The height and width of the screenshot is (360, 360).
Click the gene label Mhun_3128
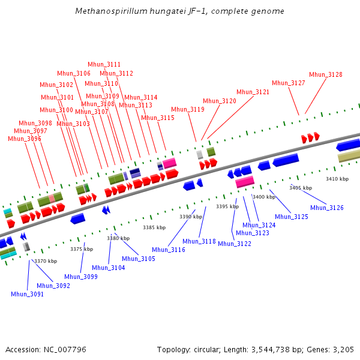[326, 75]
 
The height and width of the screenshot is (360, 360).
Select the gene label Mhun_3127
[289, 83]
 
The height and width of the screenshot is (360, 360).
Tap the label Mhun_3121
[253, 92]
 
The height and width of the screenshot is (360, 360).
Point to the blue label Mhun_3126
[327, 208]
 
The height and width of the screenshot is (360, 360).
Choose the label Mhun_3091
[28, 294]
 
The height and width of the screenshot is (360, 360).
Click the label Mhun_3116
[169, 250]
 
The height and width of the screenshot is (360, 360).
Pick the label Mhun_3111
[104, 65]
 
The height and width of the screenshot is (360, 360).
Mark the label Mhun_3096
[25, 139]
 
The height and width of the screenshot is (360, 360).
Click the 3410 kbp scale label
[337, 179]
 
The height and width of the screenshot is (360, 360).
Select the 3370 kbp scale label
[46, 261]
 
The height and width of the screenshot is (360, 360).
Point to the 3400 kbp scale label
[264, 197]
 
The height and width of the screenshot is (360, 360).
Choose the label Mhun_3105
[139, 259]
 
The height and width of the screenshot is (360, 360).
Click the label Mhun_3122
[235, 244]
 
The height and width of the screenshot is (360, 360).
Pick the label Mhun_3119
[188, 109]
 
